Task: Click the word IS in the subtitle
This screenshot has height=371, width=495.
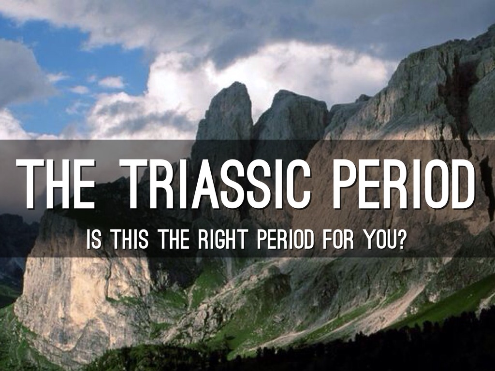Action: pos(94,240)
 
